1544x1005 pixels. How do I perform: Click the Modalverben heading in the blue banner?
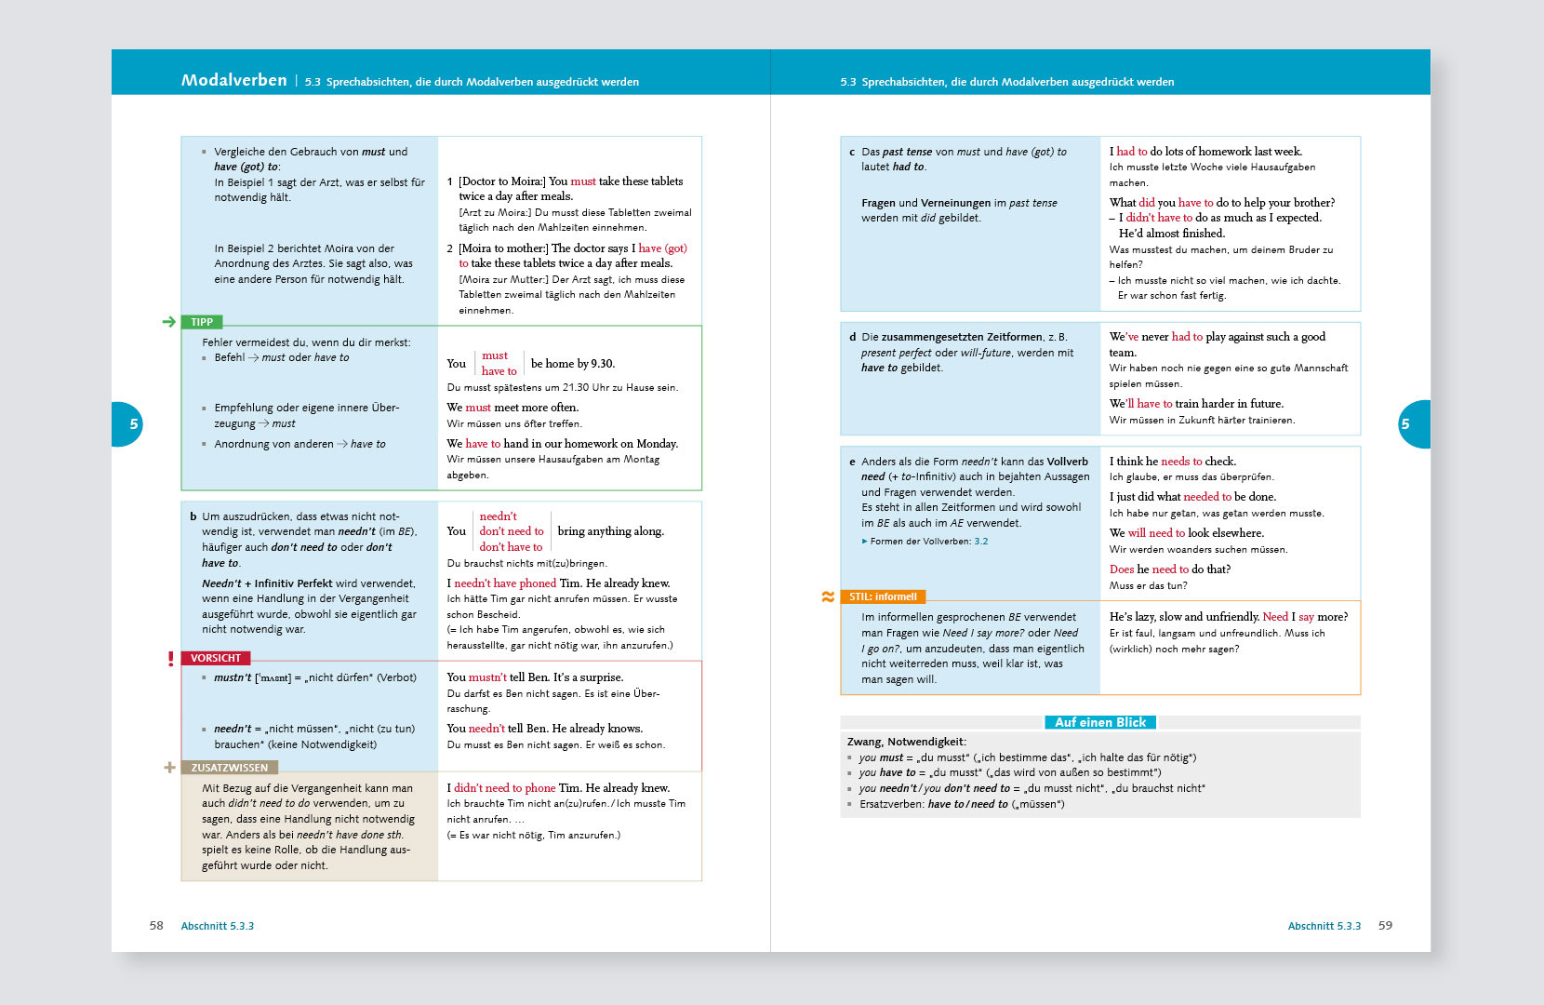click(233, 80)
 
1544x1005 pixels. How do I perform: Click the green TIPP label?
click(202, 322)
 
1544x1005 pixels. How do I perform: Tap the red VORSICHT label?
click(215, 658)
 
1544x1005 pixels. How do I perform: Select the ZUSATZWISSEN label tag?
click(229, 768)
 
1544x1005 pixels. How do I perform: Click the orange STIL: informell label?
click(883, 596)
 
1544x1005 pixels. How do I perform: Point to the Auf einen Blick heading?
click(1100, 722)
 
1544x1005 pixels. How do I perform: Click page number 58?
click(156, 926)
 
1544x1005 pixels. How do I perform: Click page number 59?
click(1385, 926)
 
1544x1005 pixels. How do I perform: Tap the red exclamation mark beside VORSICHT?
click(170, 659)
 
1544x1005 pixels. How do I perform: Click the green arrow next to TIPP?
click(168, 322)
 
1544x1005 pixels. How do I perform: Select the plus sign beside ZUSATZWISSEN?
click(169, 768)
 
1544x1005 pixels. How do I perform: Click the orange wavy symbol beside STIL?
click(828, 596)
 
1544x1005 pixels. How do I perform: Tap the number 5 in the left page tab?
click(133, 424)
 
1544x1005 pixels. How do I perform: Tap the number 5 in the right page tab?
click(1405, 424)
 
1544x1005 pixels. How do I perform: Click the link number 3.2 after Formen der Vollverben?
click(981, 541)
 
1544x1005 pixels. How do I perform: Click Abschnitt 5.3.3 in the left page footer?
click(218, 926)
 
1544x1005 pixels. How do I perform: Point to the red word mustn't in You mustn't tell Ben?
click(487, 677)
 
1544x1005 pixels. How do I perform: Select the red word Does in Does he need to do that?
click(1121, 569)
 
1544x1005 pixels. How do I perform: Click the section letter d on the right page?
click(852, 337)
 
